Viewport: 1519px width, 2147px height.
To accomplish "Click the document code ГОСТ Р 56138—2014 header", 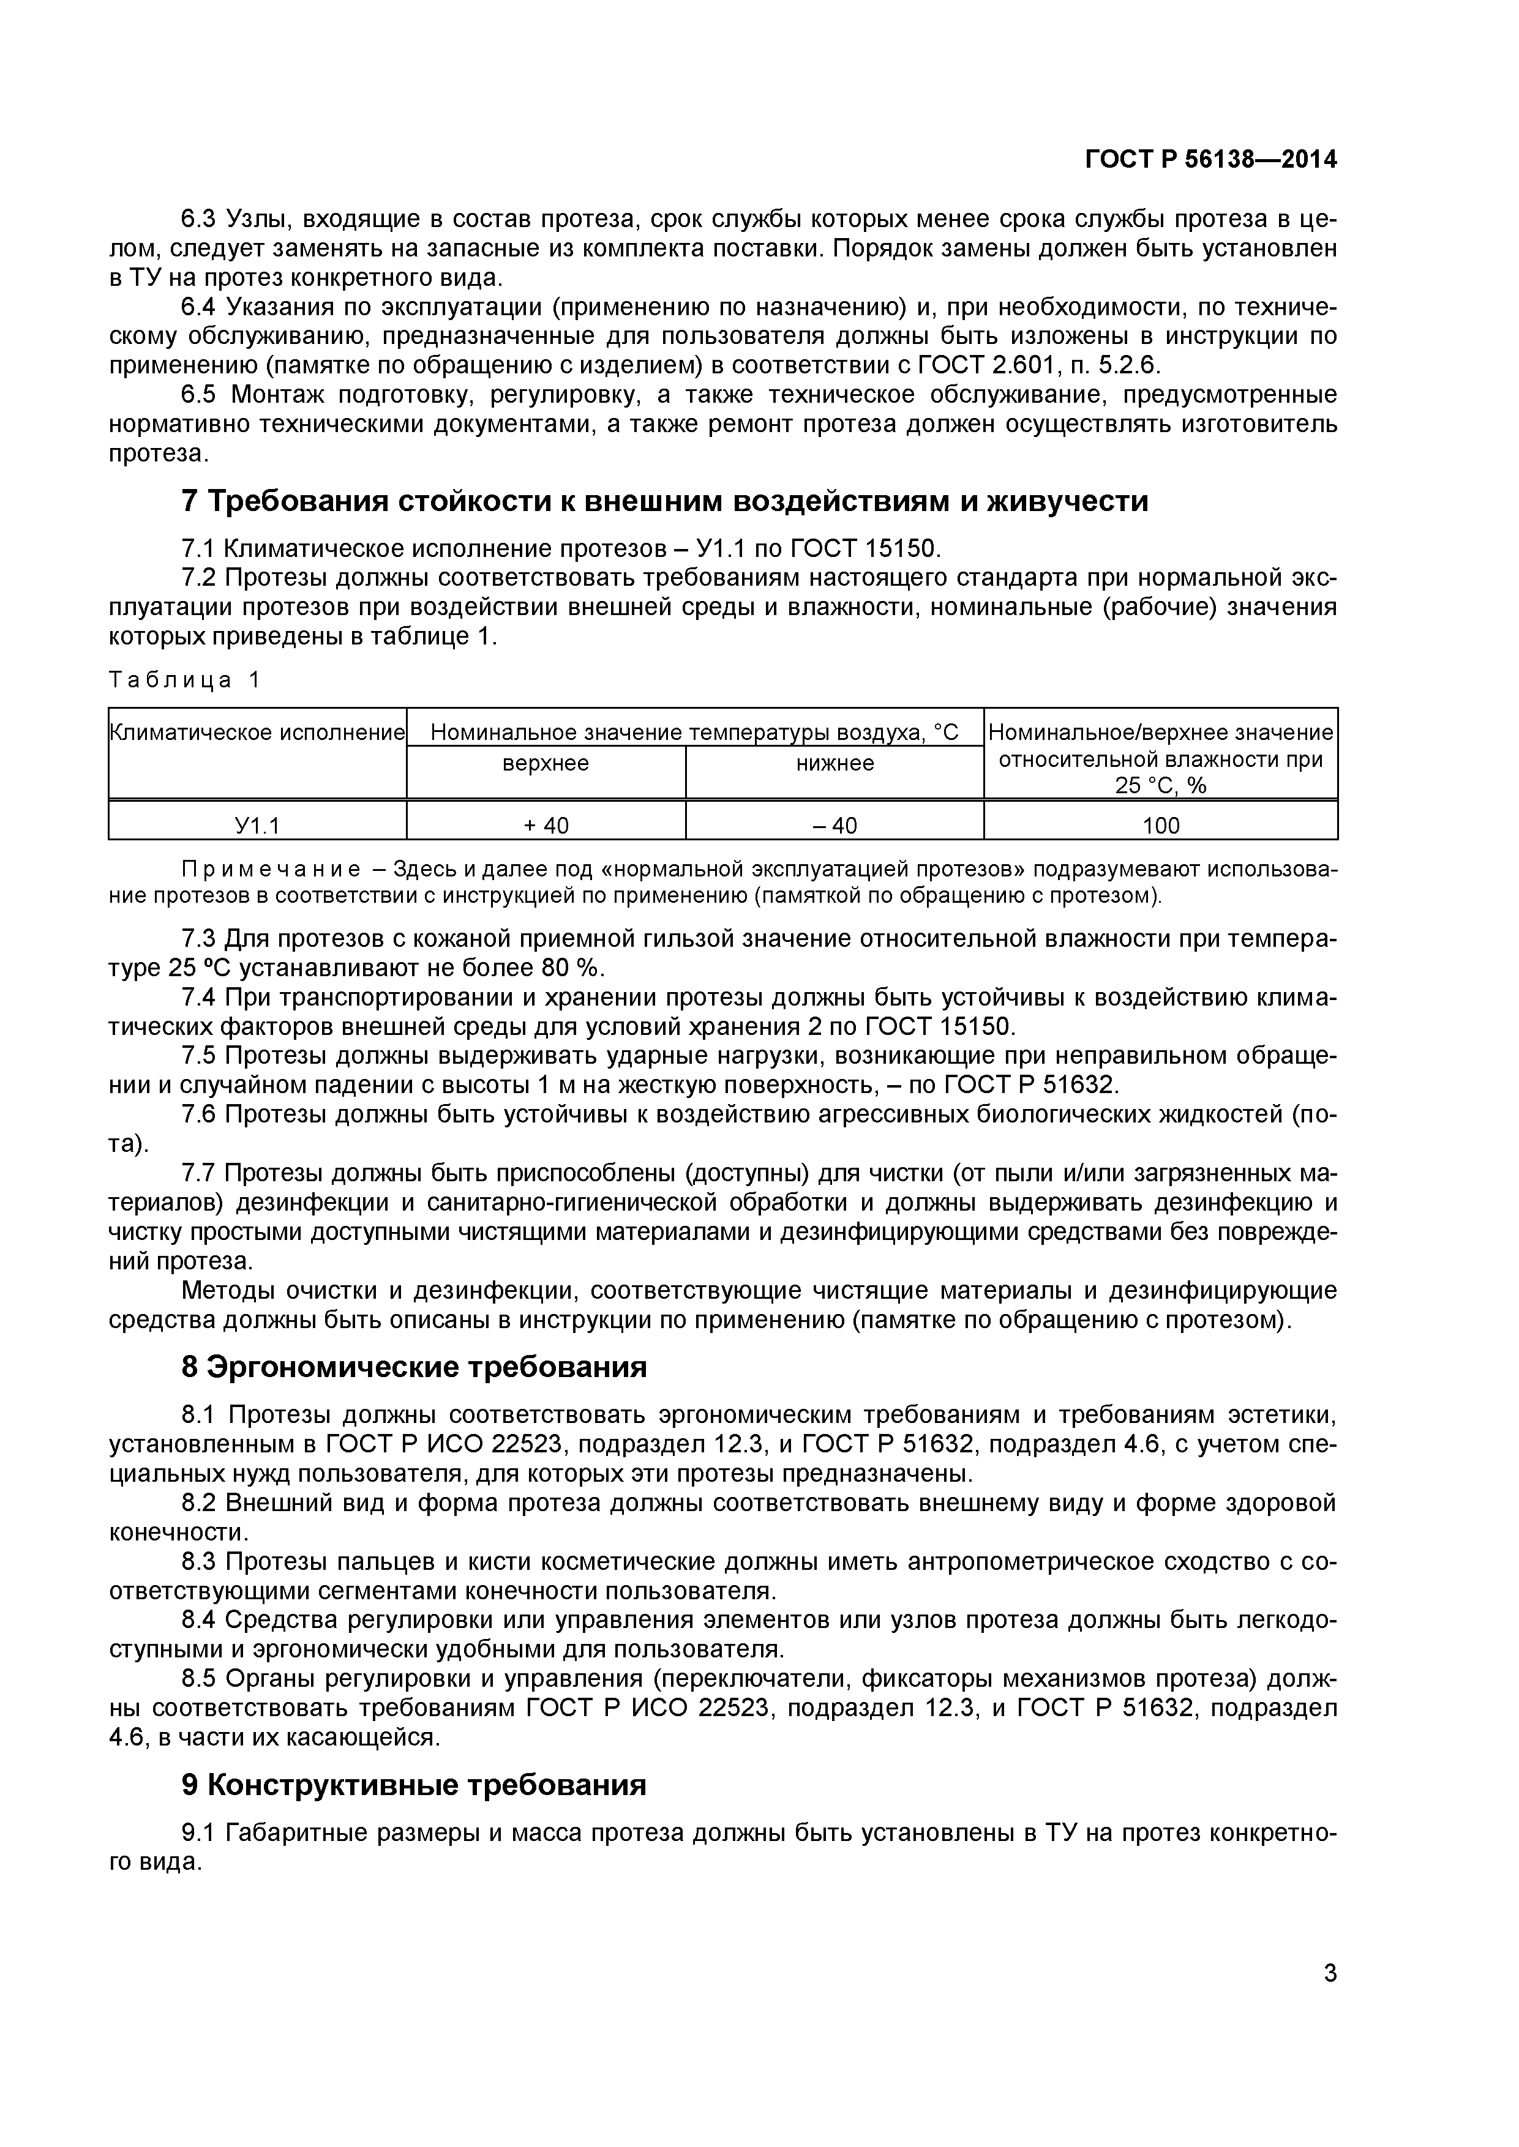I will tap(1210, 160).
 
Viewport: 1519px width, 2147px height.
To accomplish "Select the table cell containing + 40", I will tap(546, 825).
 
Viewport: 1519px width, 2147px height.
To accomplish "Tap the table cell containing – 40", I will tap(835, 825).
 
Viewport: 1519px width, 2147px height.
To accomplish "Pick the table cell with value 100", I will tap(1161, 825).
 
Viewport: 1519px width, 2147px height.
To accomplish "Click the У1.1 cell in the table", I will tap(257, 825).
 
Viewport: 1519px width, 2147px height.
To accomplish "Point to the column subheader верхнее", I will tap(546, 763).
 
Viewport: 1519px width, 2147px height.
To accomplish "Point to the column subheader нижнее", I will tap(835, 763).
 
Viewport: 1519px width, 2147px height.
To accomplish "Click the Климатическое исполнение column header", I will tap(257, 732).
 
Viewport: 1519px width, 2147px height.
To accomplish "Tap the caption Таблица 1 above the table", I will tap(184, 680).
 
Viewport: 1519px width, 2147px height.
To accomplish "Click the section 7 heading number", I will tap(190, 502).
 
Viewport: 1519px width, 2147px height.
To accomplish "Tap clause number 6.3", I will tap(198, 219).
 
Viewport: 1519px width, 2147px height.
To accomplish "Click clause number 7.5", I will tap(198, 1056).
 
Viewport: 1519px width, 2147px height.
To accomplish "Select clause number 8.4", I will tap(198, 1619).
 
